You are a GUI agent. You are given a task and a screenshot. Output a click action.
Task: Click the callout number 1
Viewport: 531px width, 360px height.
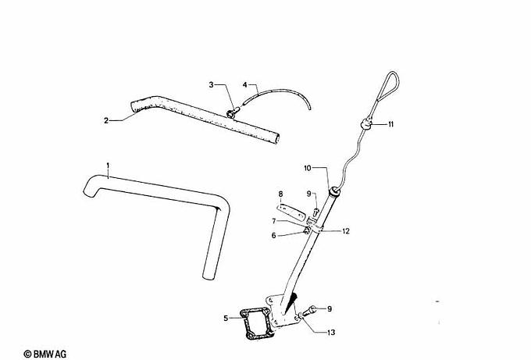tap(108, 166)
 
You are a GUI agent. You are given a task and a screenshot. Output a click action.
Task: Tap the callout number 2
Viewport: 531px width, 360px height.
tap(106, 120)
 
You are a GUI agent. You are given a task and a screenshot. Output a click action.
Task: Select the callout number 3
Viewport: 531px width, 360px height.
tap(212, 84)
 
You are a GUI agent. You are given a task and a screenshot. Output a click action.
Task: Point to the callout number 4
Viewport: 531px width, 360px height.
tap(245, 84)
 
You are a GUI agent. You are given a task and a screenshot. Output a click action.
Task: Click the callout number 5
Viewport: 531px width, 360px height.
tap(226, 319)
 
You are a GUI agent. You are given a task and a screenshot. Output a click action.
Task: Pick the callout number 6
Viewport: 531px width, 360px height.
tap(273, 236)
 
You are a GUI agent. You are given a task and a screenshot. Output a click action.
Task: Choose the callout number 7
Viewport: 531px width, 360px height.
tap(274, 221)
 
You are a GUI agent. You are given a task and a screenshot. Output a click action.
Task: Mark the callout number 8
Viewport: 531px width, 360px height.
tap(280, 194)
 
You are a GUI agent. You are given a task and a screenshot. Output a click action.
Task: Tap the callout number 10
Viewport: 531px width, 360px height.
tap(308, 168)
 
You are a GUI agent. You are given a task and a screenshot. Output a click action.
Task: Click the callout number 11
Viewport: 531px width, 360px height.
tap(390, 124)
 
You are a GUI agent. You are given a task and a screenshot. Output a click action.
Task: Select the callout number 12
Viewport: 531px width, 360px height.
tap(346, 231)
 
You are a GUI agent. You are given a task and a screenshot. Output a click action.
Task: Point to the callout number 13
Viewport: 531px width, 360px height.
tap(331, 333)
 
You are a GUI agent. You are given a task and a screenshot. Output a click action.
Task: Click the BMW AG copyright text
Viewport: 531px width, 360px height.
tap(45, 355)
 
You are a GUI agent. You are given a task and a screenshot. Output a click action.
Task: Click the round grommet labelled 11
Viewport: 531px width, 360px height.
tap(366, 123)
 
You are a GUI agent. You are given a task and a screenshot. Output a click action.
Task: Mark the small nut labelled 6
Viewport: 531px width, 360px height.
tap(306, 230)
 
